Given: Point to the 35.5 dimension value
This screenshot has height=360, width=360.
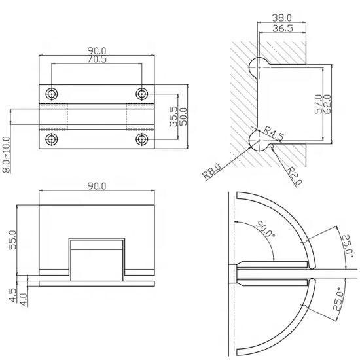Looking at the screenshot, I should point(172,118).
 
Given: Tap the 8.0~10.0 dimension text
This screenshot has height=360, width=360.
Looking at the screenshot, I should point(6,155).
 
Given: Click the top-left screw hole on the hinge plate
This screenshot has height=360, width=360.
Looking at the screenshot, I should point(52,92).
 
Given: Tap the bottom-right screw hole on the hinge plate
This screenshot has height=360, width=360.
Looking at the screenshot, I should point(141,139).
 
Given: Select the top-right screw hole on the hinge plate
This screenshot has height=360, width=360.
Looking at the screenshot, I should point(141,92).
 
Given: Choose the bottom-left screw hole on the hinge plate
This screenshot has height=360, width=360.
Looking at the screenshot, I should point(52,139).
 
